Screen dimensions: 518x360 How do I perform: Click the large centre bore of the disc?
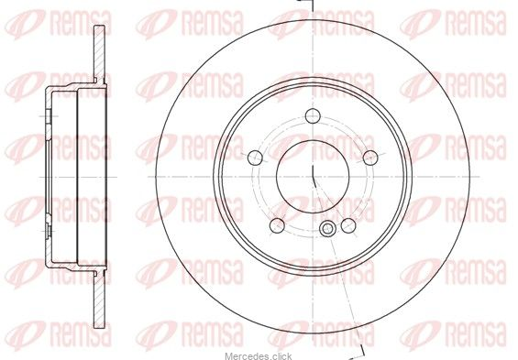[x=313, y=177]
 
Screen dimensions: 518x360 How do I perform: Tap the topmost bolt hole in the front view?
[x=313, y=115]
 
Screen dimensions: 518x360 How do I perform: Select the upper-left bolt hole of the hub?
[x=255, y=158]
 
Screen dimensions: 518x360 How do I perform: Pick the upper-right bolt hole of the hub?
[x=370, y=158]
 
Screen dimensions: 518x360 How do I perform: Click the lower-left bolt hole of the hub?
[x=277, y=225]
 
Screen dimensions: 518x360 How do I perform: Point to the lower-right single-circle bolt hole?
[x=348, y=225]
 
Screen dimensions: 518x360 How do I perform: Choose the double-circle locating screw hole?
[x=327, y=229]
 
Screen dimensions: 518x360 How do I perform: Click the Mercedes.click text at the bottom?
[x=259, y=356]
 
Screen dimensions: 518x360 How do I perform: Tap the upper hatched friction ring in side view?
[x=99, y=54]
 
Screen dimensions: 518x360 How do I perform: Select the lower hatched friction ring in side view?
[x=99, y=300]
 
